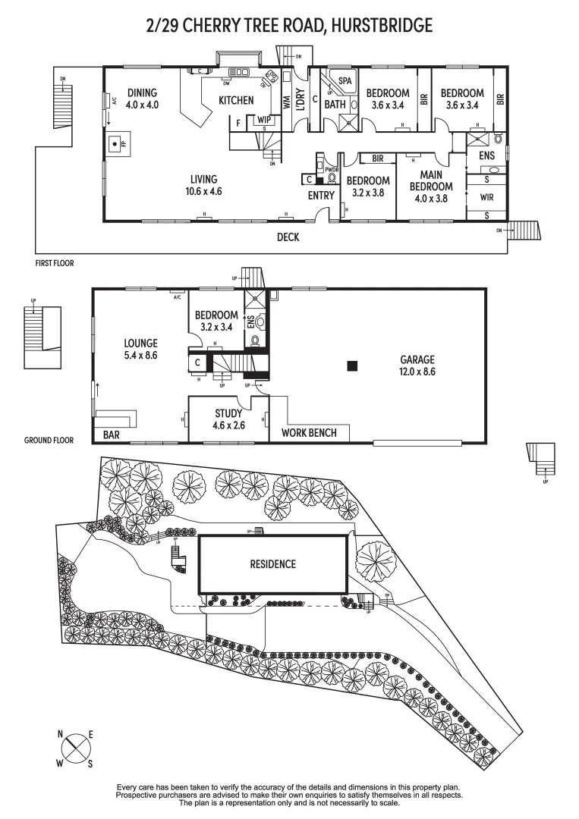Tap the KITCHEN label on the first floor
pos(236,100)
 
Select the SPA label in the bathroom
pos(345,80)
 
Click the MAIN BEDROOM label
pos(431,180)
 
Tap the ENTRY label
pos(321,196)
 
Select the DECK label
pos(288,237)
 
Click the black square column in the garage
pos(352,366)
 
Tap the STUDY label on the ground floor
pos(228,413)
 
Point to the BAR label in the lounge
pos(112,435)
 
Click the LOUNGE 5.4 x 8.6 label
pos(141,348)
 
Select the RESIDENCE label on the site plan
pos(272,564)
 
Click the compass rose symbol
pos(75,748)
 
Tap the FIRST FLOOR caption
pos(55,263)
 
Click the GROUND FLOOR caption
pos(49,440)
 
